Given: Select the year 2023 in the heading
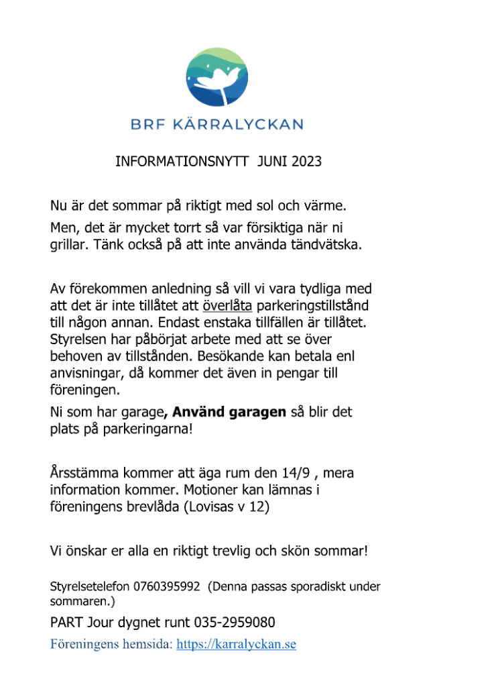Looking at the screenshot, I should tap(306, 162).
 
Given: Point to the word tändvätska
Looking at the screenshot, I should tap(326, 245).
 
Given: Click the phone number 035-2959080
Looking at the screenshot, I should tap(235, 623).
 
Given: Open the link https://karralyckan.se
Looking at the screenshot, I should tap(236, 645).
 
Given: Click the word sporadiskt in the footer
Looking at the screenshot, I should tap(319, 587).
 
